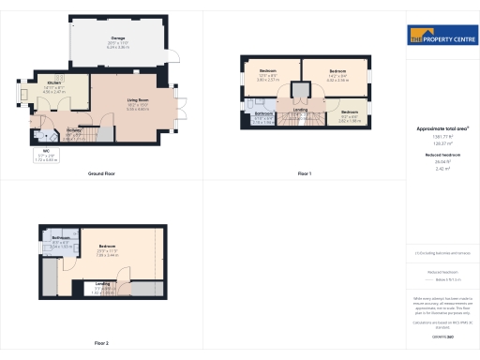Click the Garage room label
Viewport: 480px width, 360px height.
(x=118, y=38)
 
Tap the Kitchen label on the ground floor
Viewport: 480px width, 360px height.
(x=54, y=83)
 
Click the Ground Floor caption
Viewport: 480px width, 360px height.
(x=102, y=174)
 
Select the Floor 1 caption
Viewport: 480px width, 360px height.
(x=304, y=174)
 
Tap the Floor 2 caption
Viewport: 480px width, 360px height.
(x=100, y=343)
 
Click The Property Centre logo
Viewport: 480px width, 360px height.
(x=442, y=37)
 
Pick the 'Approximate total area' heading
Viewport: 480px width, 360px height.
(x=442, y=128)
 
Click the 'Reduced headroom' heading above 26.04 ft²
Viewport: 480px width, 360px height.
(x=442, y=154)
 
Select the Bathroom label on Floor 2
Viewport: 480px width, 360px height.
(x=63, y=237)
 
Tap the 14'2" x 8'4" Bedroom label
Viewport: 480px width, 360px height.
(x=337, y=72)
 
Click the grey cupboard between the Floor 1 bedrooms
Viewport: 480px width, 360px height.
(x=301, y=91)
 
